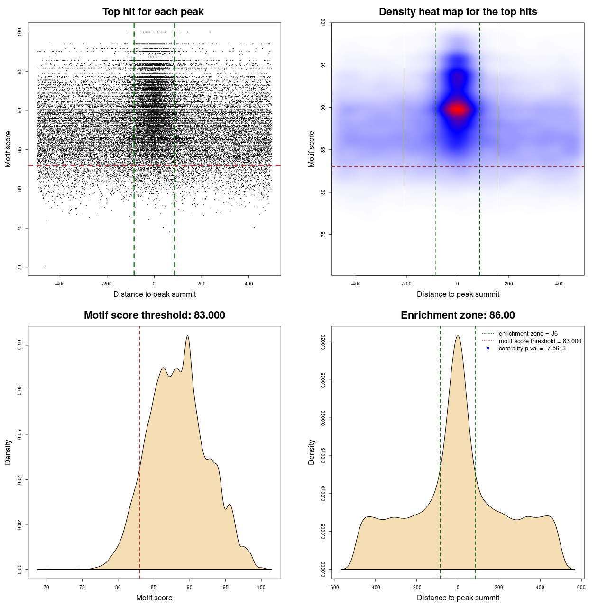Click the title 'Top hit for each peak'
coord(153,12)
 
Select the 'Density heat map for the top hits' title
coord(458,12)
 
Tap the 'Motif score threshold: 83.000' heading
coord(154,315)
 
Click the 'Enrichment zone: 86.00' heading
coord(458,315)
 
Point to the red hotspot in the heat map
coord(457,110)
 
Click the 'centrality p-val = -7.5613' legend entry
coord(532,349)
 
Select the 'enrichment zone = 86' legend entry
coord(528,334)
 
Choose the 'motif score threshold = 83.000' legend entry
coord(540,341)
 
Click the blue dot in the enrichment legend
coord(488,349)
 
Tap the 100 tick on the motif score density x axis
coord(261,587)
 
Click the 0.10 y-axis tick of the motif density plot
coord(20,345)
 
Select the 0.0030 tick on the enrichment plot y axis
coord(323,342)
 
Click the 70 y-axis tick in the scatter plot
coord(20,267)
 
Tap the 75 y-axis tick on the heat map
coord(323,234)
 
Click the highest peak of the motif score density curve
coord(188,336)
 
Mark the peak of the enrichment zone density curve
coord(458,336)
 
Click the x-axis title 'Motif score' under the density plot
coord(154,598)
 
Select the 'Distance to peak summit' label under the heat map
coord(458,294)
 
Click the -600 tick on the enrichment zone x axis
coord(334,587)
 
